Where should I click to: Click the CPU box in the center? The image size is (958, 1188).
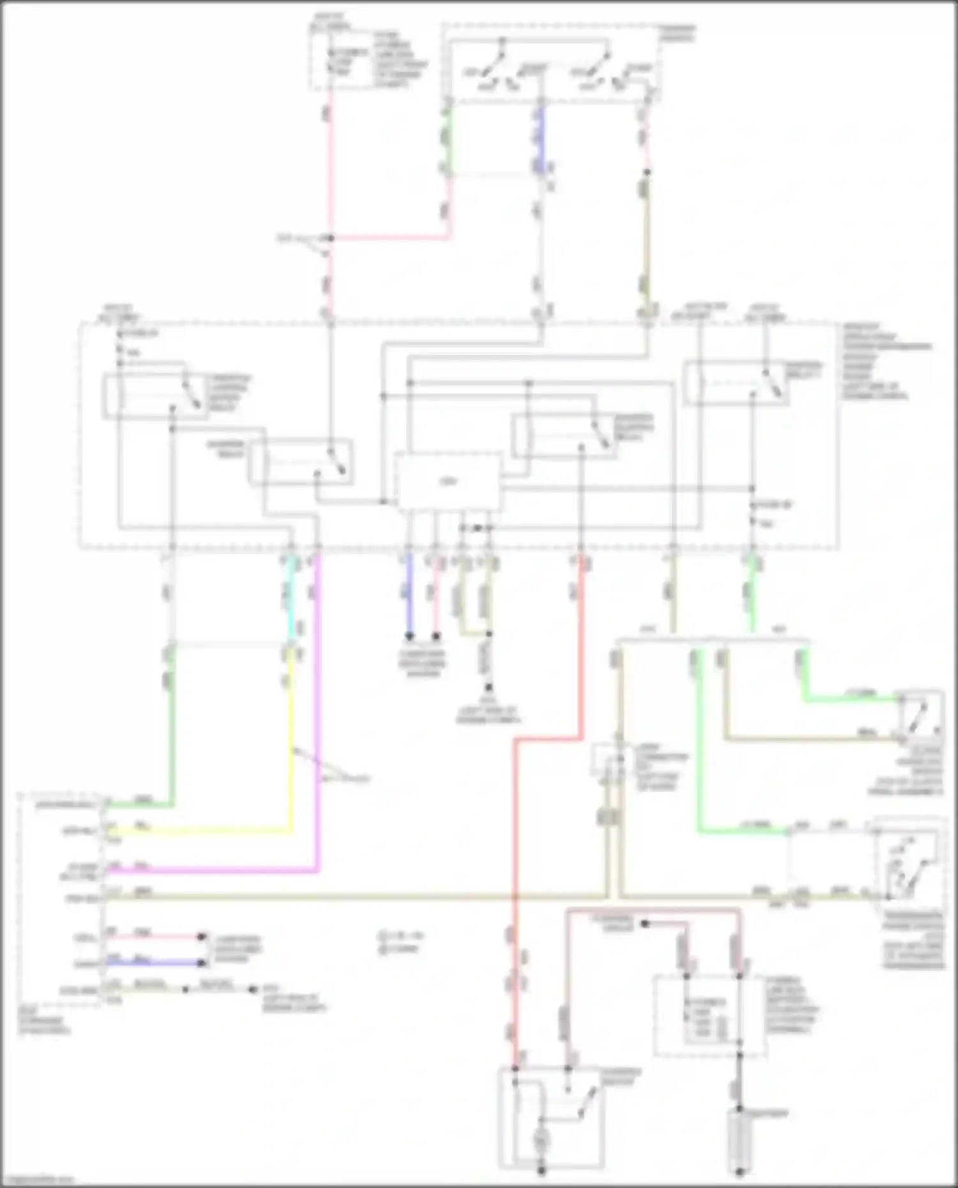click(448, 481)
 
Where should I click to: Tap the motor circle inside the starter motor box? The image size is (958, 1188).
click(541, 1138)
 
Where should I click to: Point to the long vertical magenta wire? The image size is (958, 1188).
click(317, 702)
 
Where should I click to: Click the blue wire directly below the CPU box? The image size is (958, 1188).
click(409, 594)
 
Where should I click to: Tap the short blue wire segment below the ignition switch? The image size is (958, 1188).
click(542, 137)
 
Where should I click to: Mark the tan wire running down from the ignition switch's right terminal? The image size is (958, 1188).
click(646, 243)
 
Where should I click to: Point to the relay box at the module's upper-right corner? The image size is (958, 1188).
click(736, 383)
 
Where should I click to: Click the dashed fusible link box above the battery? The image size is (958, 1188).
click(709, 1015)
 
